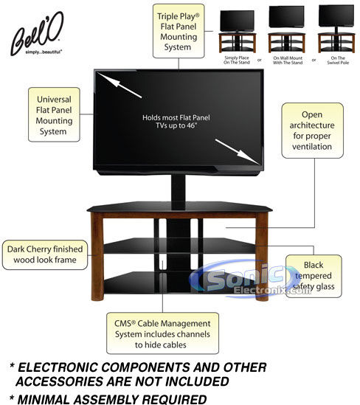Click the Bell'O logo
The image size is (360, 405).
pyautogui.click(x=37, y=34)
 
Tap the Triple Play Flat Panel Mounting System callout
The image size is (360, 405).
pyautogui.click(x=179, y=31)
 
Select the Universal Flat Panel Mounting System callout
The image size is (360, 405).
pyautogui.click(x=54, y=114)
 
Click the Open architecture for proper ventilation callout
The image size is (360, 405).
pyautogui.click(x=312, y=131)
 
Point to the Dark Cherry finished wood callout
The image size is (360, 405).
pyautogui.click(x=45, y=255)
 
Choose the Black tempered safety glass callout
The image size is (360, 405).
pyautogui.click(x=314, y=276)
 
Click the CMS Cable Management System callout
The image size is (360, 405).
pyautogui.click(x=162, y=333)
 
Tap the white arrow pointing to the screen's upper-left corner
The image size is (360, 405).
pyautogui.click(x=120, y=86)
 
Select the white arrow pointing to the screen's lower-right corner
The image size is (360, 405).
pyautogui.click(x=237, y=152)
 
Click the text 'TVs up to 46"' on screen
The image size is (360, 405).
pyautogui.click(x=176, y=126)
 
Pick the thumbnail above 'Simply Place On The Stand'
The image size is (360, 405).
pyautogui.click(x=237, y=31)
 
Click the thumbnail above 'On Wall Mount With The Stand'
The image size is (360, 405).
pyautogui.click(x=286, y=30)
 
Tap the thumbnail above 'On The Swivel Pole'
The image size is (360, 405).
pyautogui.click(x=336, y=29)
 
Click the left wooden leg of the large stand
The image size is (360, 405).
pyautogui.click(x=97, y=257)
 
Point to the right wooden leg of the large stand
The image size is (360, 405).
pyautogui.click(x=262, y=257)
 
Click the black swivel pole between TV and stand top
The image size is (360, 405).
pyautogui.click(x=179, y=192)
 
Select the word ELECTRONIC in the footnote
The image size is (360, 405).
pyautogui.click(x=58, y=367)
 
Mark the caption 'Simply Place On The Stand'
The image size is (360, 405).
pyautogui.click(x=237, y=60)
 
